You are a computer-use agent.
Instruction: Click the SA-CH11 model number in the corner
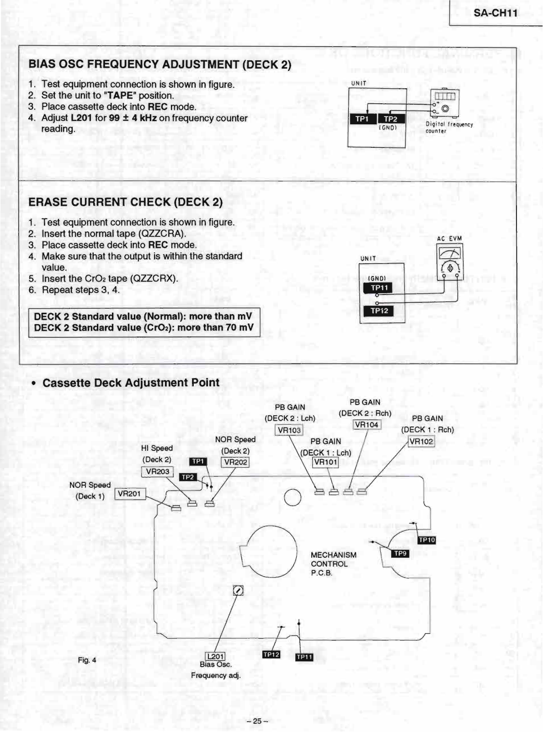[x=495, y=13]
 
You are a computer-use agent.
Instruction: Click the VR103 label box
[x=289, y=430]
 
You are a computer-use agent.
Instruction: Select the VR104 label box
[x=367, y=425]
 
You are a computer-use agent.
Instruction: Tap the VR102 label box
[x=421, y=441]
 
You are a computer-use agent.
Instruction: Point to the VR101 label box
[x=325, y=462]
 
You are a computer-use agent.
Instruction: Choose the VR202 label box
[x=236, y=462]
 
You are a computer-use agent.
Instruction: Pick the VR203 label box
[x=157, y=471]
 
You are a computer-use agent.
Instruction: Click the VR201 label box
[x=129, y=494]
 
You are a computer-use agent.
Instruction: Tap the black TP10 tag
[x=427, y=540]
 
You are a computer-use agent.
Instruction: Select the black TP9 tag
[x=400, y=553]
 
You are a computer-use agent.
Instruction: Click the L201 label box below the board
[x=215, y=657]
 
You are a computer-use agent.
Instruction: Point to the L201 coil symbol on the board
[x=238, y=591]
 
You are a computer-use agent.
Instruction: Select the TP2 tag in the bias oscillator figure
[x=390, y=119]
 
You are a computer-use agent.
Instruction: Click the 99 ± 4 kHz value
[x=133, y=118]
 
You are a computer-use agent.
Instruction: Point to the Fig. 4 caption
[x=87, y=660]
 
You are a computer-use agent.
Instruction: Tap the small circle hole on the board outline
[x=293, y=497]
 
